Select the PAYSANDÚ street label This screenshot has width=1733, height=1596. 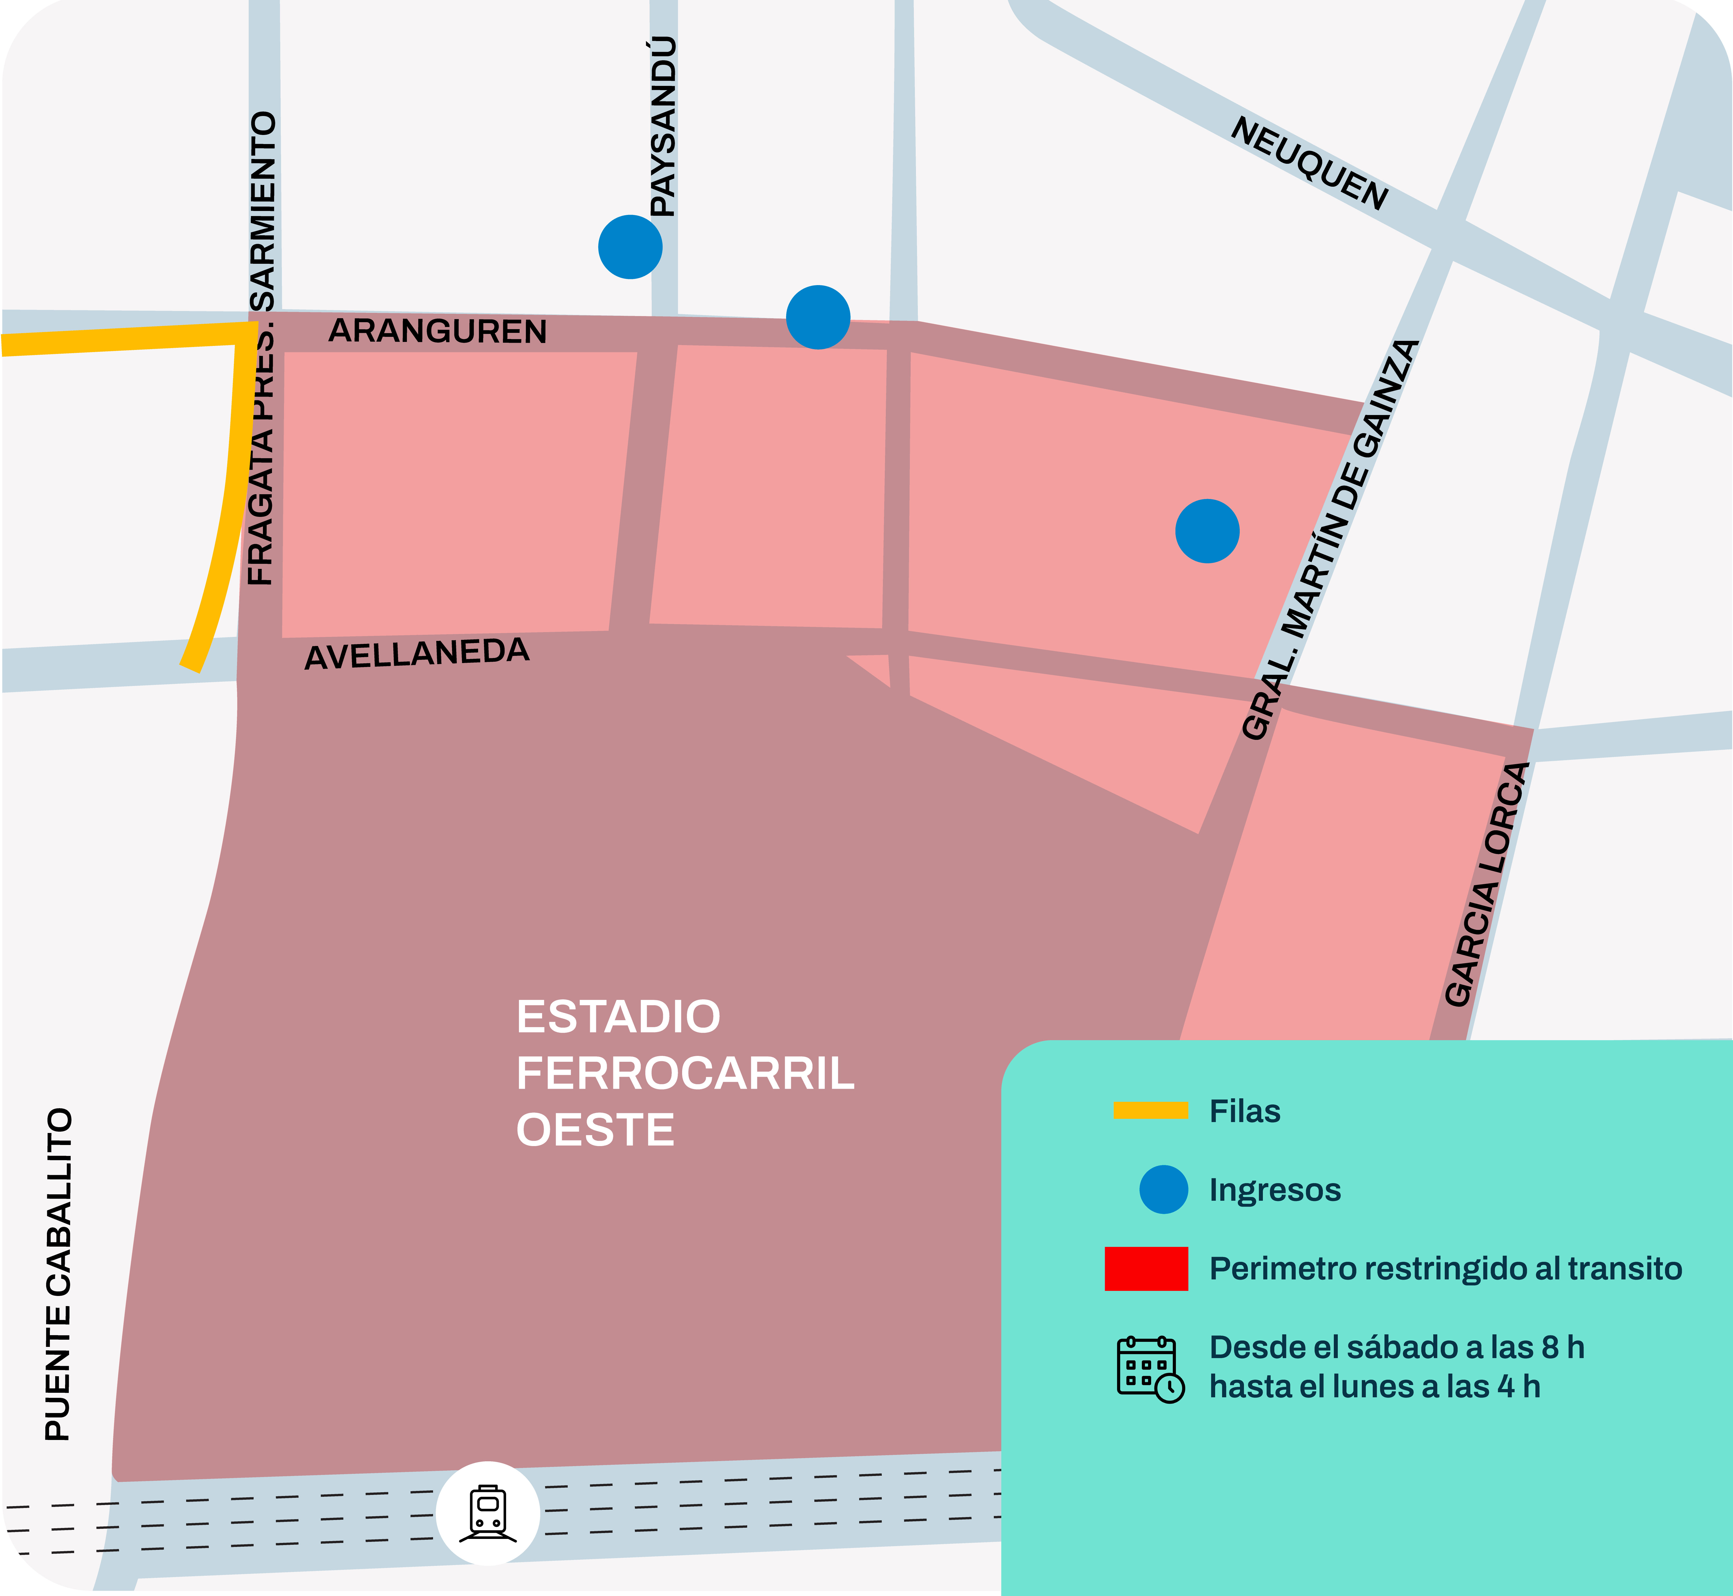(663, 127)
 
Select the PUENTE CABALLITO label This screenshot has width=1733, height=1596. (59, 1274)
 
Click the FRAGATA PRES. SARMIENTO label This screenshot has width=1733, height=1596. (262, 348)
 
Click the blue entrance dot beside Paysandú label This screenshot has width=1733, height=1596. (630, 247)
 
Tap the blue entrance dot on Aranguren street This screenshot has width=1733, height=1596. (818, 317)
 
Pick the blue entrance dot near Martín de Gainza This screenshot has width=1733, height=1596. (1207, 531)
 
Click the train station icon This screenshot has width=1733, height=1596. (488, 1513)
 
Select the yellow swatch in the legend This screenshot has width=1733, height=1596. (1150, 1111)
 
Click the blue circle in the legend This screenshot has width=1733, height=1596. (1163, 1189)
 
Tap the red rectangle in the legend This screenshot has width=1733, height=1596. (1146, 1269)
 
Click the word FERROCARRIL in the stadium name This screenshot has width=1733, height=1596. (685, 1074)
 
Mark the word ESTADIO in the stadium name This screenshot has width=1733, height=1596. (618, 1016)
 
